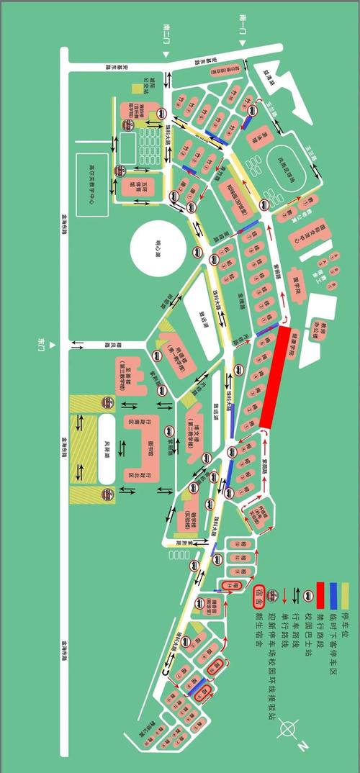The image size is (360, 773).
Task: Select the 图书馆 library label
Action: coord(150,447)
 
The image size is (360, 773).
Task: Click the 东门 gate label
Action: coord(42,343)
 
